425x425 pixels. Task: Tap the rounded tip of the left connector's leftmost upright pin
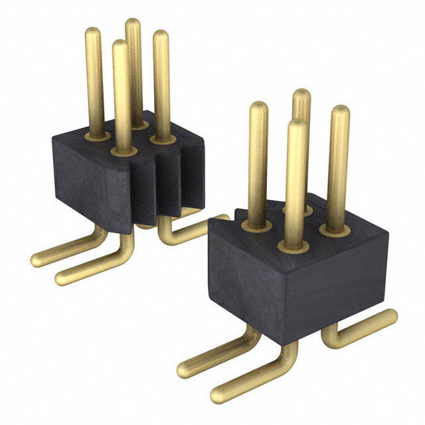[94, 32]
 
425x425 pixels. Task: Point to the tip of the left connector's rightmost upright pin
[161, 35]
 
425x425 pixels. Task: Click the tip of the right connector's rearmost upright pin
[301, 94]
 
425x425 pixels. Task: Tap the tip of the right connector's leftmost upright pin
[258, 107]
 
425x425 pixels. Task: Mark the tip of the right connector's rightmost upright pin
[339, 110]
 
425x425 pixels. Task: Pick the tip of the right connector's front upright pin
[297, 125]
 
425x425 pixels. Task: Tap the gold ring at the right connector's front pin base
[294, 248]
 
